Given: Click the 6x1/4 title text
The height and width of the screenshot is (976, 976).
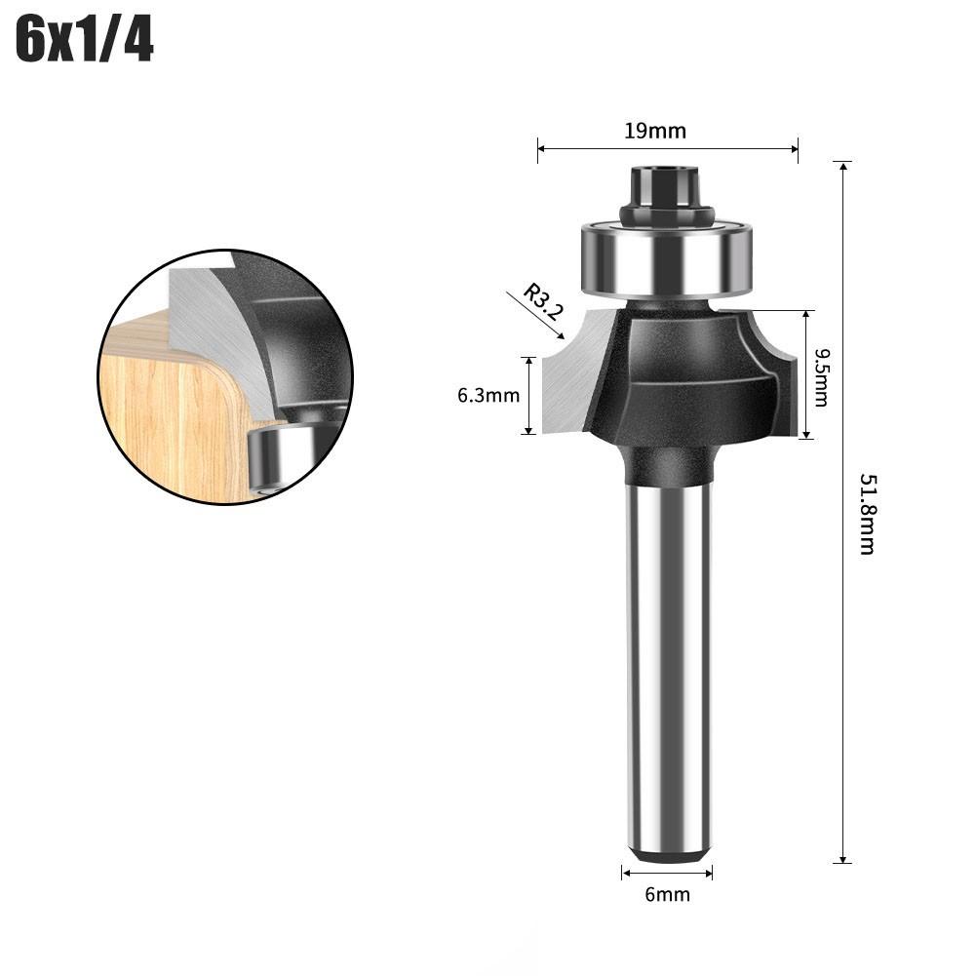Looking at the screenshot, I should click(x=85, y=42).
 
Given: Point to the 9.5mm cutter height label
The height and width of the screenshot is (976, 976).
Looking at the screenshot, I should click(x=820, y=376).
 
